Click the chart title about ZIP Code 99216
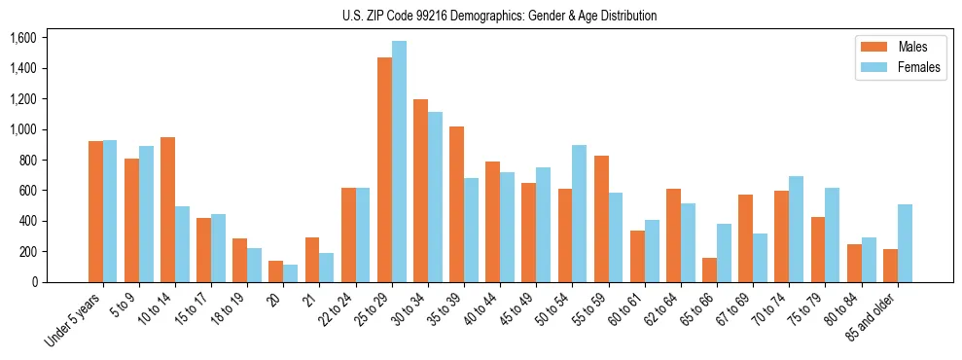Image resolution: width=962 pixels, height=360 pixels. pos(499,16)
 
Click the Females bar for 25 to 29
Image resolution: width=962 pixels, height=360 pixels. pos(399,162)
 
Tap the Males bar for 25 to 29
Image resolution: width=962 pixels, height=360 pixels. pos(384,169)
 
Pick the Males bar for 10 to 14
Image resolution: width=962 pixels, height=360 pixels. pos(167,209)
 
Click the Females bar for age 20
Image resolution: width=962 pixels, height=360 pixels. pos(290,273)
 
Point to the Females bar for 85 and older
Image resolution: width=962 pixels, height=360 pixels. pos(905,243)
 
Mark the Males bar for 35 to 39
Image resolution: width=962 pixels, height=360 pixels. pos(456,204)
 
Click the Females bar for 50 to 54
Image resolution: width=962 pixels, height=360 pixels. pos(579,213)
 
